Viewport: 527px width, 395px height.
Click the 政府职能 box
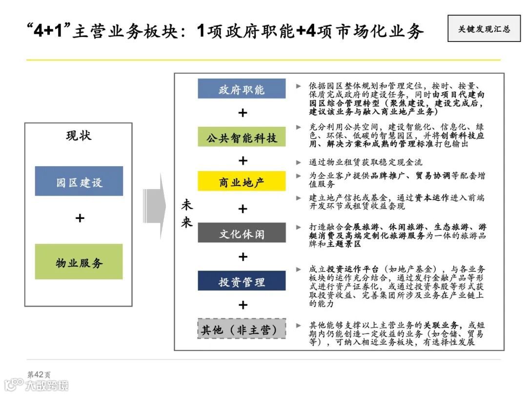click(x=242, y=89)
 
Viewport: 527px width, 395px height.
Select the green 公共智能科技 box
click(x=242, y=137)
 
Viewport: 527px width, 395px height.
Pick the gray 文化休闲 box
click(x=242, y=233)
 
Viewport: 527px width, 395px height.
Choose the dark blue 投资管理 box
click(x=242, y=281)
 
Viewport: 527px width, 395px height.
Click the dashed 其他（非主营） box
click(x=242, y=329)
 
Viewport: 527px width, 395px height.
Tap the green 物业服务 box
click(x=79, y=262)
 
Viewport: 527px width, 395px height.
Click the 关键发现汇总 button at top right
click(x=484, y=29)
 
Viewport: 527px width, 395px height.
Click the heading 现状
click(x=79, y=135)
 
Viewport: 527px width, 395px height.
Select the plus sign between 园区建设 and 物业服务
click(x=80, y=218)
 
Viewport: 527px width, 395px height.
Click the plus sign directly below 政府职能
click(x=242, y=113)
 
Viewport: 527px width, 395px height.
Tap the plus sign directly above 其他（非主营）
click(x=242, y=305)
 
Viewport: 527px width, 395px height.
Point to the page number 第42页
click(x=39, y=375)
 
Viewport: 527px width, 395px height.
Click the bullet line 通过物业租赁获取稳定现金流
click(x=365, y=162)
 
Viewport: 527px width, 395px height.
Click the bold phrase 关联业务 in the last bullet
click(x=441, y=325)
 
